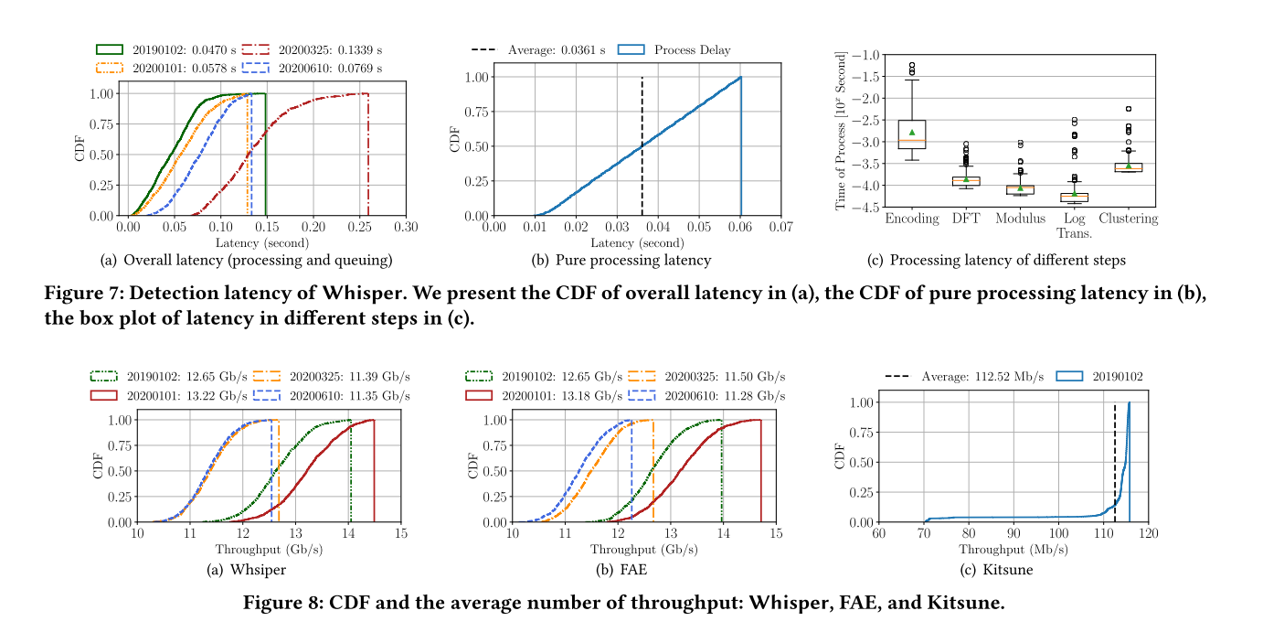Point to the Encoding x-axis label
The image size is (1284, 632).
911,219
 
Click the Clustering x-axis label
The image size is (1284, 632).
1128,219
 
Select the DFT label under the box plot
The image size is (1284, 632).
965,219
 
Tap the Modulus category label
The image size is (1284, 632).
1020,219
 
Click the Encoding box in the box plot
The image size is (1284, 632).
911,134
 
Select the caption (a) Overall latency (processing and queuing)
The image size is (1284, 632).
246,261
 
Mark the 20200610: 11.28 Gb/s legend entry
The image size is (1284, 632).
725,396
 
